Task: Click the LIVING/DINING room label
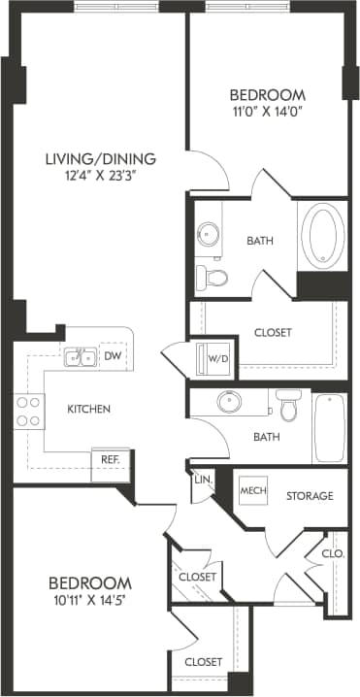[101, 158]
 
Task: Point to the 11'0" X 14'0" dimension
[267, 111]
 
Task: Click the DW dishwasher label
[113, 356]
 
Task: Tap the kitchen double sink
[80, 357]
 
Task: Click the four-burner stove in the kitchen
[27, 412]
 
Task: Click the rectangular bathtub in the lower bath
[329, 427]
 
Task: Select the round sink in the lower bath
[230, 402]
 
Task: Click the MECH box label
[253, 491]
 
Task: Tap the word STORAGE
[310, 496]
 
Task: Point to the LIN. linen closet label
[202, 480]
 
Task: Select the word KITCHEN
[88, 409]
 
